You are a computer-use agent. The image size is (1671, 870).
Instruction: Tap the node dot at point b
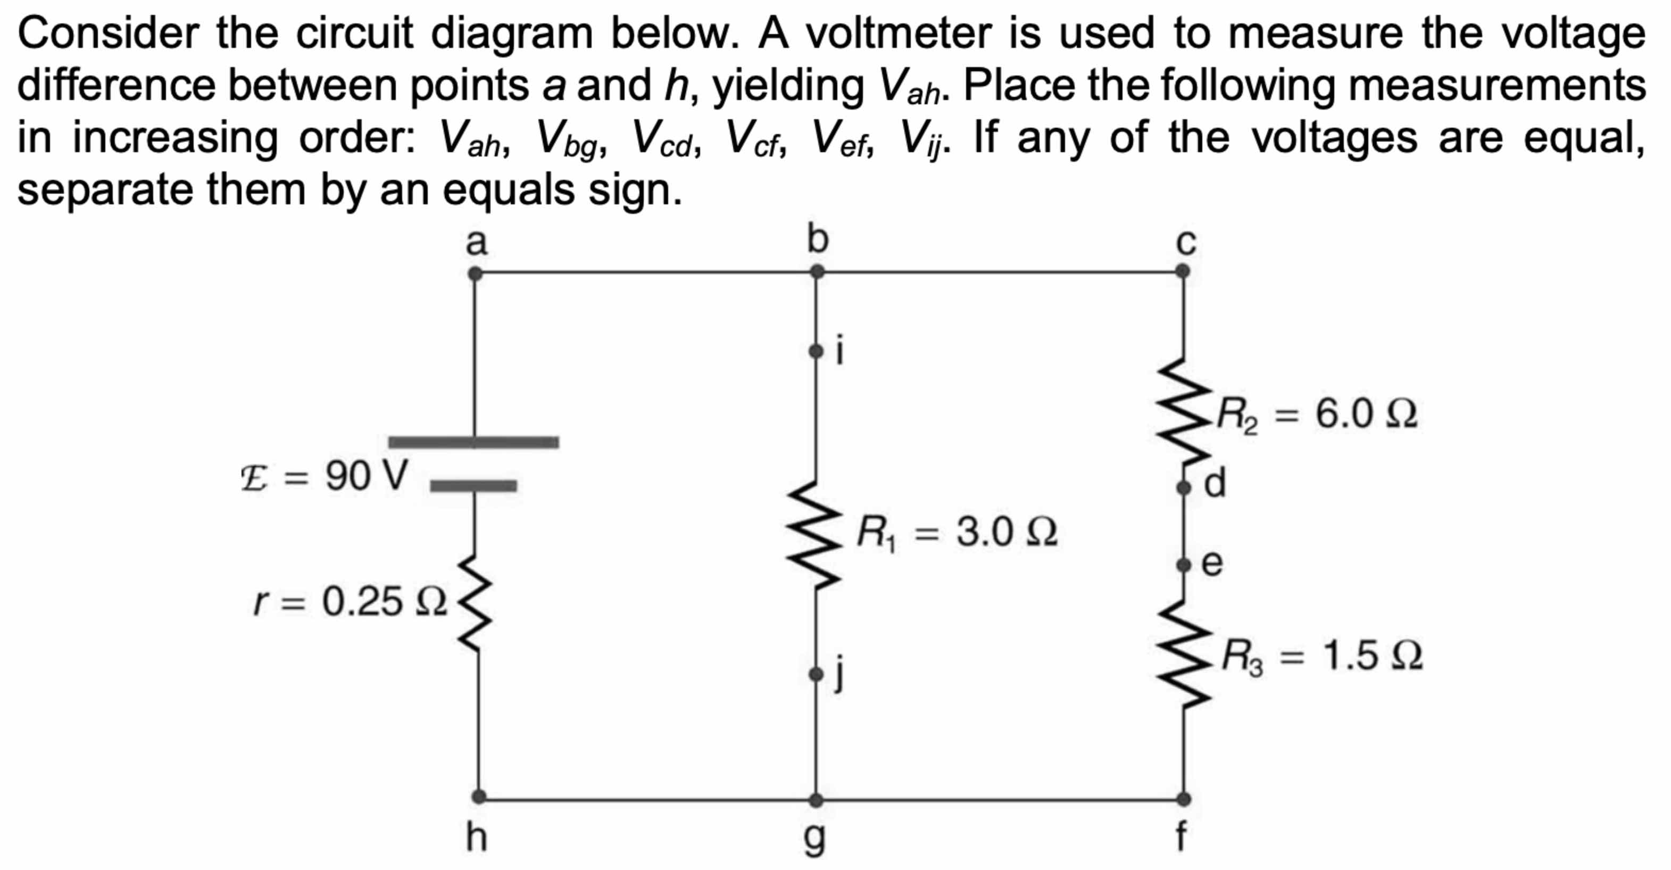point(817,272)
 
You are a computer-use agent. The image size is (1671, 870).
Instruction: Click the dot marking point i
point(816,352)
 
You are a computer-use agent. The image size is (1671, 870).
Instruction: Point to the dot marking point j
point(816,675)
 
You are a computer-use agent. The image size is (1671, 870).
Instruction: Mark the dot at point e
point(1184,565)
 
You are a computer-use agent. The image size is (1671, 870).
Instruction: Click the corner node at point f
point(1184,799)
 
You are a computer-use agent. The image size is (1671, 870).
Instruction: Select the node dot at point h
point(479,796)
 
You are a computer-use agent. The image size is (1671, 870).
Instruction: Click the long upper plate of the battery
point(473,443)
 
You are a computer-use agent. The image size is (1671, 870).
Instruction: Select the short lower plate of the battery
point(473,486)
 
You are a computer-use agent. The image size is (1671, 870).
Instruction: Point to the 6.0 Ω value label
point(1366,413)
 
